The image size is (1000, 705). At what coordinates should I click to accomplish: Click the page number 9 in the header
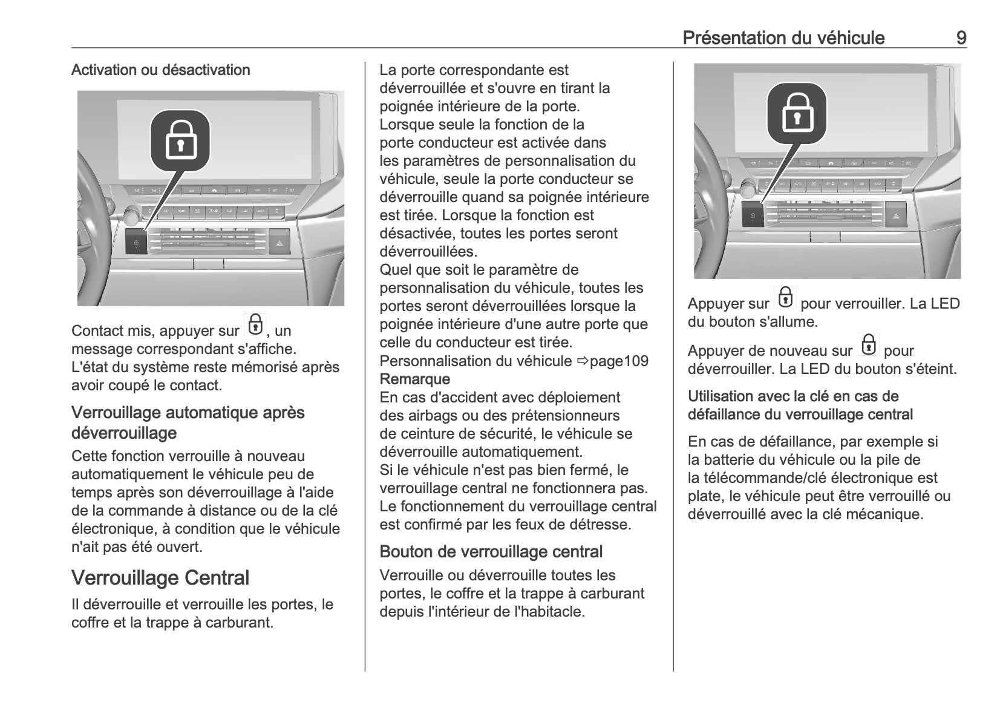click(x=961, y=38)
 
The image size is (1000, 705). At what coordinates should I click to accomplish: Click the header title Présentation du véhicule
click(x=783, y=38)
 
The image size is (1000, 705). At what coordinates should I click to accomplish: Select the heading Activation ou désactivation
click(x=160, y=70)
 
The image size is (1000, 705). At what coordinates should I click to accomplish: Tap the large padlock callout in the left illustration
click(x=180, y=140)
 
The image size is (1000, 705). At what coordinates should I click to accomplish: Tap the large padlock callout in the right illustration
click(x=797, y=113)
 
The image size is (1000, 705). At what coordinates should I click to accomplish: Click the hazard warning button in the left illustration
click(x=279, y=242)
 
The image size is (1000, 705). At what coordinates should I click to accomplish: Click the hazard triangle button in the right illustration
click(x=896, y=214)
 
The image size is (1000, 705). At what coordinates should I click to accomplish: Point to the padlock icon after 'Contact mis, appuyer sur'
click(x=255, y=325)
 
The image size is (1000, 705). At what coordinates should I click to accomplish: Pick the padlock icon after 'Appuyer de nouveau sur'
click(x=868, y=345)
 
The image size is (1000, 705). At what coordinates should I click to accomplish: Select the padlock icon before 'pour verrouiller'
click(x=785, y=298)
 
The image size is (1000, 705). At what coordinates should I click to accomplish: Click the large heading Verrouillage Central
click(x=160, y=578)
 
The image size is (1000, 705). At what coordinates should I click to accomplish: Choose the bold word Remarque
click(x=415, y=379)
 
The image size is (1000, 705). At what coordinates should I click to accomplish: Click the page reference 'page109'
click(x=619, y=361)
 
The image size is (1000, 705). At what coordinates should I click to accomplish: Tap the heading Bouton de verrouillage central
click(x=491, y=552)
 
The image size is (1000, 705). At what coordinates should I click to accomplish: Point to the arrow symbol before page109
click(x=582, y=361)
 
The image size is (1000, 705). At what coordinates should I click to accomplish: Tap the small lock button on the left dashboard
click(x=136, y=243)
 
